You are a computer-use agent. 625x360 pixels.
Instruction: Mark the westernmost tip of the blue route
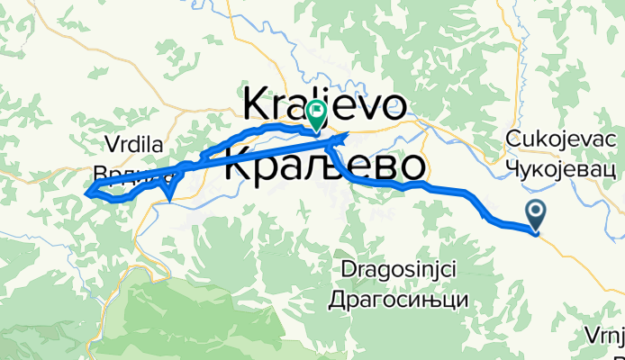(x=86, y=191)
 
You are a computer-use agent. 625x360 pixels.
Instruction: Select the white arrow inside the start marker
(x=536, y=212)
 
